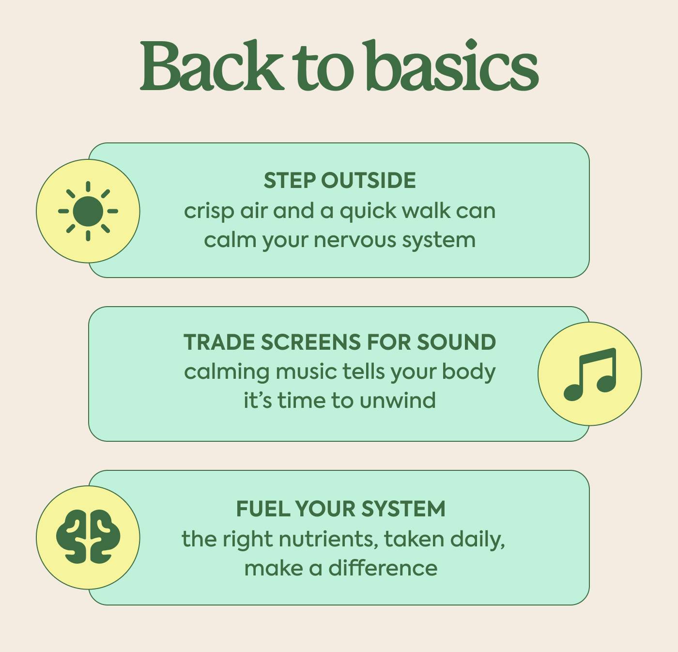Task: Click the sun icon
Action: [x=88, y=211]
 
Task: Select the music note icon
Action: [x=590, y=374]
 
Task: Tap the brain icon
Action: [x=88, y=537]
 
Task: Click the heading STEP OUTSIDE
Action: [x=339, y=181]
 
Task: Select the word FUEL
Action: [x=262, y=509]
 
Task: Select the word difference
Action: [x=383, y=568]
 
